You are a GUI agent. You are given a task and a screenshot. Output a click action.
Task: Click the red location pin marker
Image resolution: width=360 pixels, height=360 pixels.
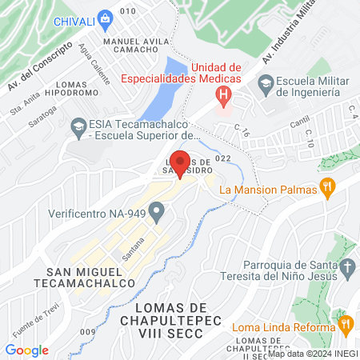[181, 163]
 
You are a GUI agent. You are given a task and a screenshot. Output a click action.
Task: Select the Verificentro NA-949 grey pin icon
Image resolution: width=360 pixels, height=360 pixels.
[157, 214]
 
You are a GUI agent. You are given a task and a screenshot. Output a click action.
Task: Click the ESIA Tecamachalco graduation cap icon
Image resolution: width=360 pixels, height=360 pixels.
[78, 125]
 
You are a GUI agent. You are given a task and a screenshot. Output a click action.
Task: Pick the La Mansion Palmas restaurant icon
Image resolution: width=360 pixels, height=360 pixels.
[326, 190]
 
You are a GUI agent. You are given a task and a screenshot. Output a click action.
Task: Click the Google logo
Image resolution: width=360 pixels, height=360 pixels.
[26, 350]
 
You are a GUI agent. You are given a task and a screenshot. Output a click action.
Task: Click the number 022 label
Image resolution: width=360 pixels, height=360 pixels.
[222, 158]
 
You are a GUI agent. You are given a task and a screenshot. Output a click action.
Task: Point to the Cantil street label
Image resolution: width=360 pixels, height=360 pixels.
[299, 122]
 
